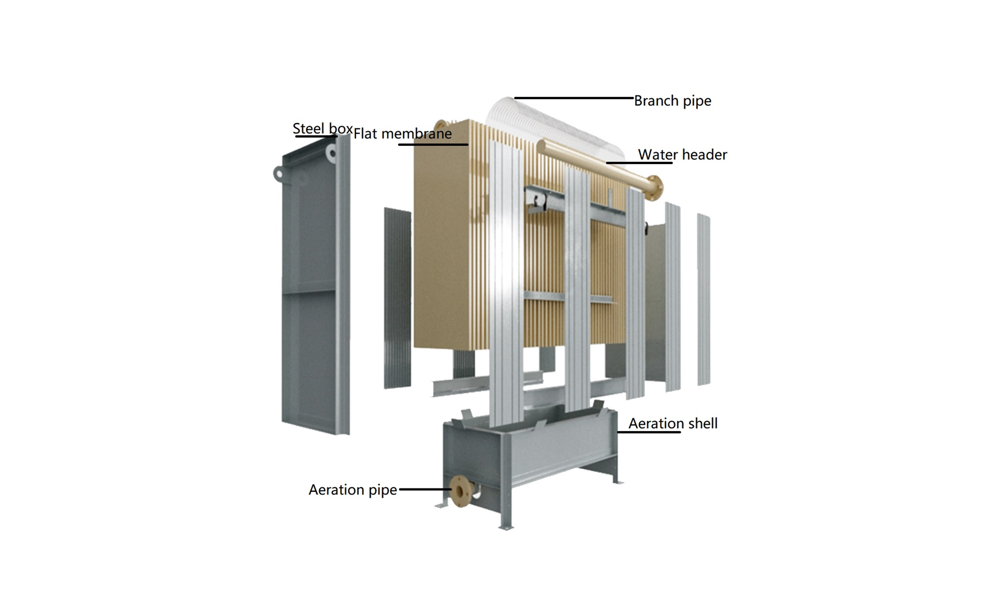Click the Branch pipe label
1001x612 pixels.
click(x=672, y=101)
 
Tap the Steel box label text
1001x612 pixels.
click(x=322, y=129)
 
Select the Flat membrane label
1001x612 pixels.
click(x=403, y=134)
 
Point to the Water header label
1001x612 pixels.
click(x=682, y=155)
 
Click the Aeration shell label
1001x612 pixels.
click(x=673, y=423)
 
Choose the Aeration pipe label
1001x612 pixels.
click(x=353, y=490)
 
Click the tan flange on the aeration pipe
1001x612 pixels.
click(x=459, y=491)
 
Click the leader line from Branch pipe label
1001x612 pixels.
click(x=573, y=98)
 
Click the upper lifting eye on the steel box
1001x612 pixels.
click(x=332, y=152)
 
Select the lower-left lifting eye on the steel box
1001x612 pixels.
click(x=279, y=174)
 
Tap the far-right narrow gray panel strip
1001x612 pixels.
click(x=703, y=300)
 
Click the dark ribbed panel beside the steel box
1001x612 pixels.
click(x=397, y=298)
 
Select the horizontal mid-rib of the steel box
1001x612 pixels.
click(x=309, y=291)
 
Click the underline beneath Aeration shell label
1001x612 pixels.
click(x=649, y=432)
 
